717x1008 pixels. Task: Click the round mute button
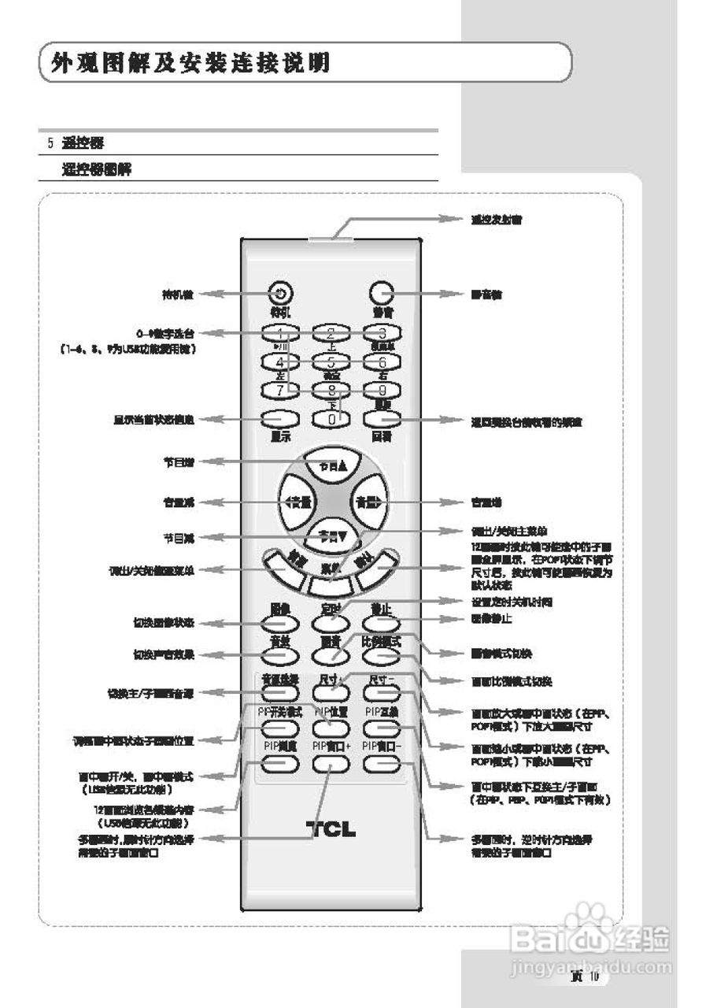point(382,293)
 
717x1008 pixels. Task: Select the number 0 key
point(331,419)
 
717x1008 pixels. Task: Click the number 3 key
point(383,333)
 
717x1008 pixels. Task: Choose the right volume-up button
point(368,502)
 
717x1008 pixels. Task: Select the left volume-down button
point(294,502)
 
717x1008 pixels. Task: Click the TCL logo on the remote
point(331,828)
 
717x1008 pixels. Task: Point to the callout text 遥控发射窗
point(497,220)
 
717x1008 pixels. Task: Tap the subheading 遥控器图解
point(97,169)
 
